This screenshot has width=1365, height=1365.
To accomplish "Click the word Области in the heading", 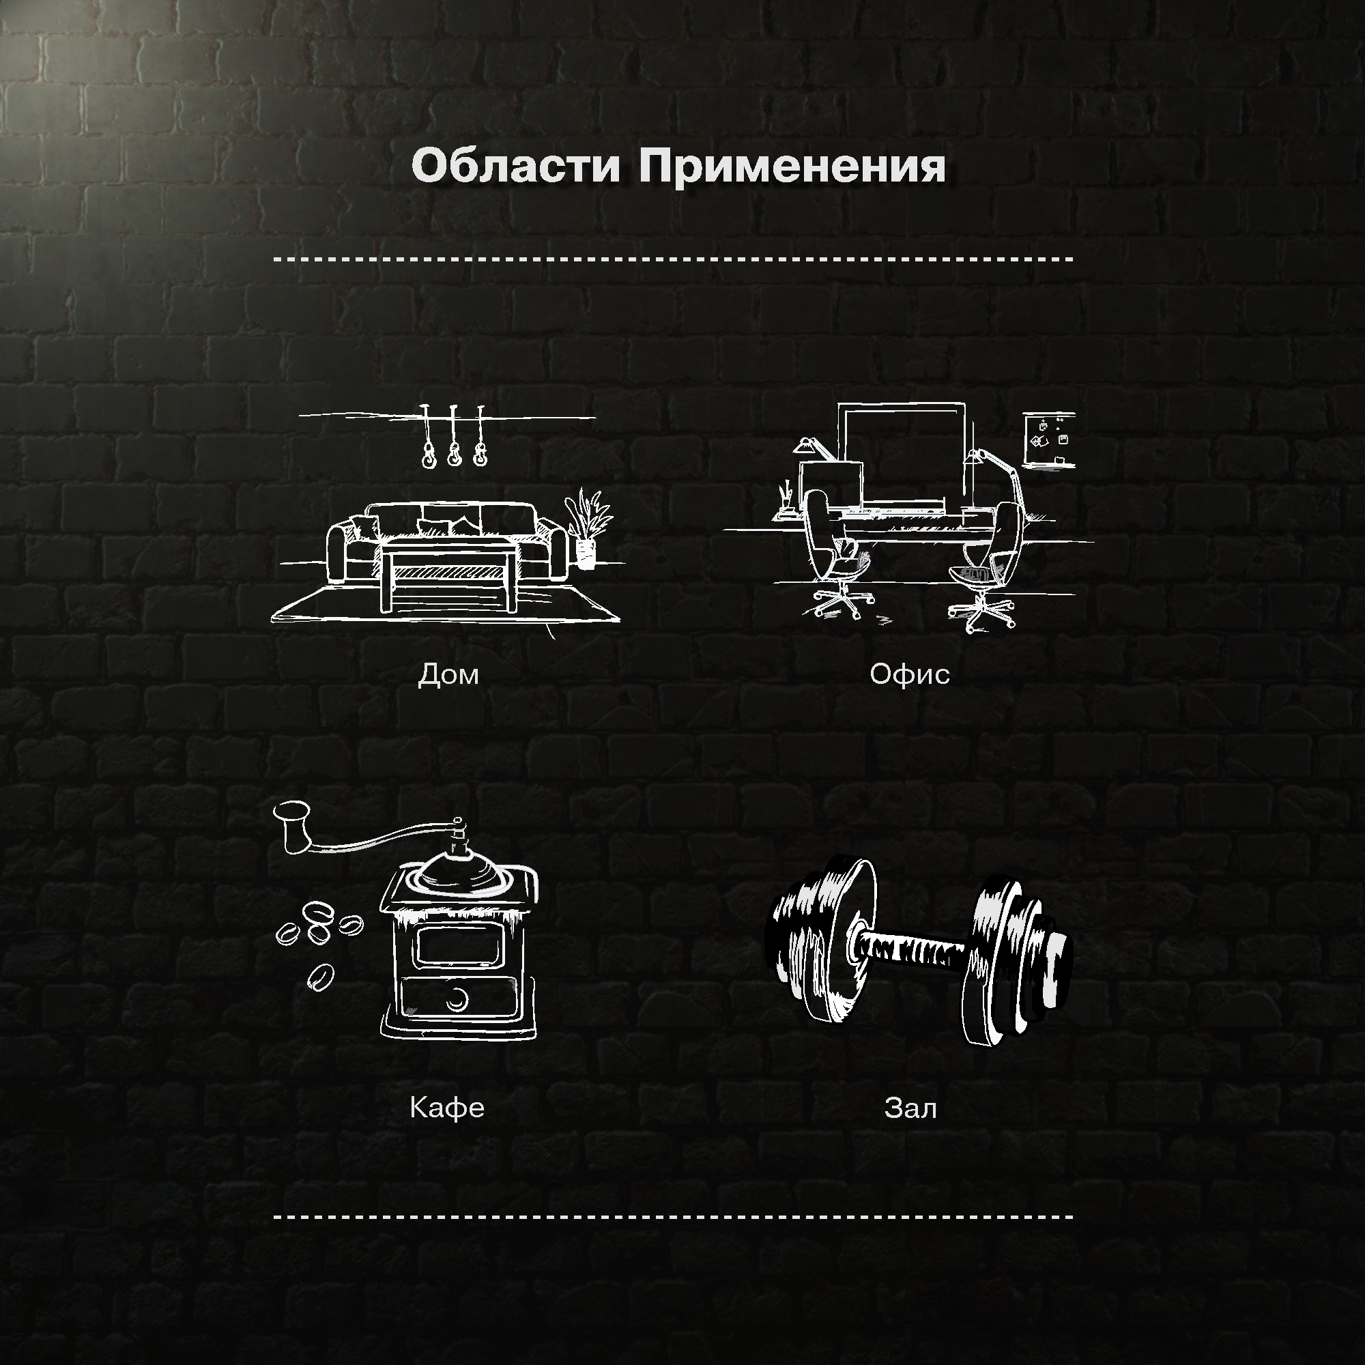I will point(516,167).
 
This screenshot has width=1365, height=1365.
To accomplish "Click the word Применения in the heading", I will point(791,167).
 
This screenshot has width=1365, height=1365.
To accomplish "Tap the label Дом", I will point(448,674).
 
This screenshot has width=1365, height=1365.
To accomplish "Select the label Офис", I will point(909,674).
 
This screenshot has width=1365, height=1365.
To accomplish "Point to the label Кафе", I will point(446,1107).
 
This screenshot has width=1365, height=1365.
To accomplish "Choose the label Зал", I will point(910,1107).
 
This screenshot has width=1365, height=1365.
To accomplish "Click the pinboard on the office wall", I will point(1049,440).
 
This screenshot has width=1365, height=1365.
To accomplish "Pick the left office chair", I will point(834,558).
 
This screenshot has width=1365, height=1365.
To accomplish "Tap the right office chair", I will point(989,565).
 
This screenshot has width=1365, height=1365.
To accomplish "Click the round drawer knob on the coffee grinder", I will point(458,998).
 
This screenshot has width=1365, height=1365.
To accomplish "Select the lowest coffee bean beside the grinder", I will point(319,977).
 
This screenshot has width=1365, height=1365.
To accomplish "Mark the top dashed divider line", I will point(673,259).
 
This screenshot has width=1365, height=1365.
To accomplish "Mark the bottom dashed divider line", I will point(673,1217).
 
